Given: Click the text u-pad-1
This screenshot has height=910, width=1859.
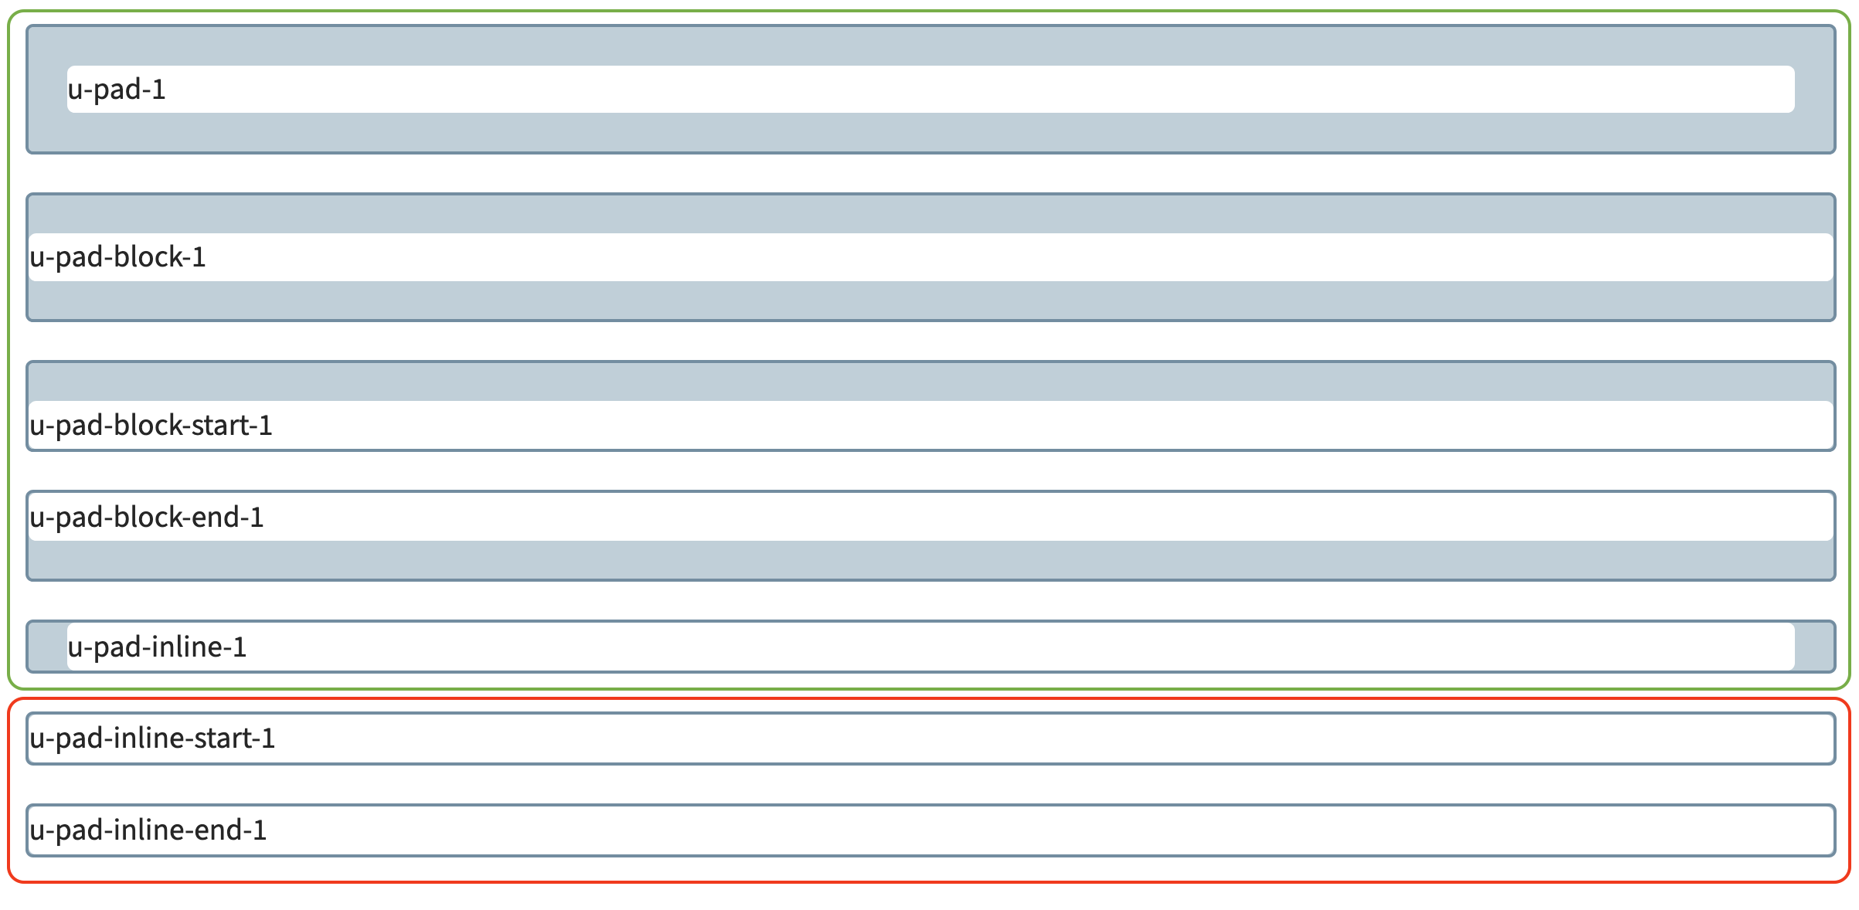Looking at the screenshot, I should coord(117,90).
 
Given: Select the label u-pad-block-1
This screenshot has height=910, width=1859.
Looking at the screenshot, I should coord(117,257).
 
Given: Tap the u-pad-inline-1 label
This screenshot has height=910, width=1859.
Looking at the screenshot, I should coord(157,647).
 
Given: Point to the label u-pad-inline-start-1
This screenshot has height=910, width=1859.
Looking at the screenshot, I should coord(152,739).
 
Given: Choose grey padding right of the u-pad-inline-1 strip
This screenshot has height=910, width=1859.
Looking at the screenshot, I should coord(1813,647).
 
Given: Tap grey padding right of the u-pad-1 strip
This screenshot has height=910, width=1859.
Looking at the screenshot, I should coord(1813,90).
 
